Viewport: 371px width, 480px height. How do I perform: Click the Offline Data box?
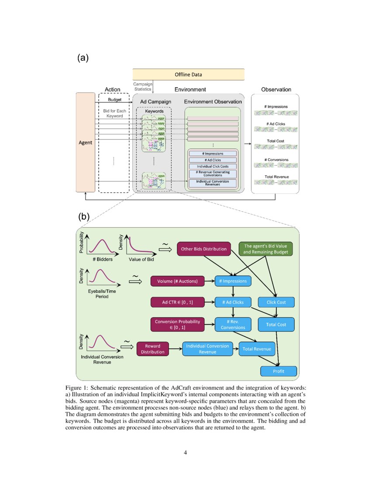coord(188,75)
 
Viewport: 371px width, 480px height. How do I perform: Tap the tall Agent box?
coord(86,142)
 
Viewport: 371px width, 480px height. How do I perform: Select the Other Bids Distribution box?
coord(204,249)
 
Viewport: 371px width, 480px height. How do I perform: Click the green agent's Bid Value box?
coord(266,249)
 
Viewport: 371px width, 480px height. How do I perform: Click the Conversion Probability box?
coord(177,324)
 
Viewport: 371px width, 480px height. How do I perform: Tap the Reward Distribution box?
coord(152,349)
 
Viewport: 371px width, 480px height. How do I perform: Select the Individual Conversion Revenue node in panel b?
coord(207,349)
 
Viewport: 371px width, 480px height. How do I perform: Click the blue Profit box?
coord(278,371)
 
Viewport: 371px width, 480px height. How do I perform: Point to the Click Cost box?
coord(276,302)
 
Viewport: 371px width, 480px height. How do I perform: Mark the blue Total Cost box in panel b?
coord(276,324)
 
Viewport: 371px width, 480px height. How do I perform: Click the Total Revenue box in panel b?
coord(257,349)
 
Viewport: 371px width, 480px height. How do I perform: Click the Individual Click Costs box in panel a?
coord(213,166)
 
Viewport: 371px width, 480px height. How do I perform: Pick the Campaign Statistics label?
coord(142,86)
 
